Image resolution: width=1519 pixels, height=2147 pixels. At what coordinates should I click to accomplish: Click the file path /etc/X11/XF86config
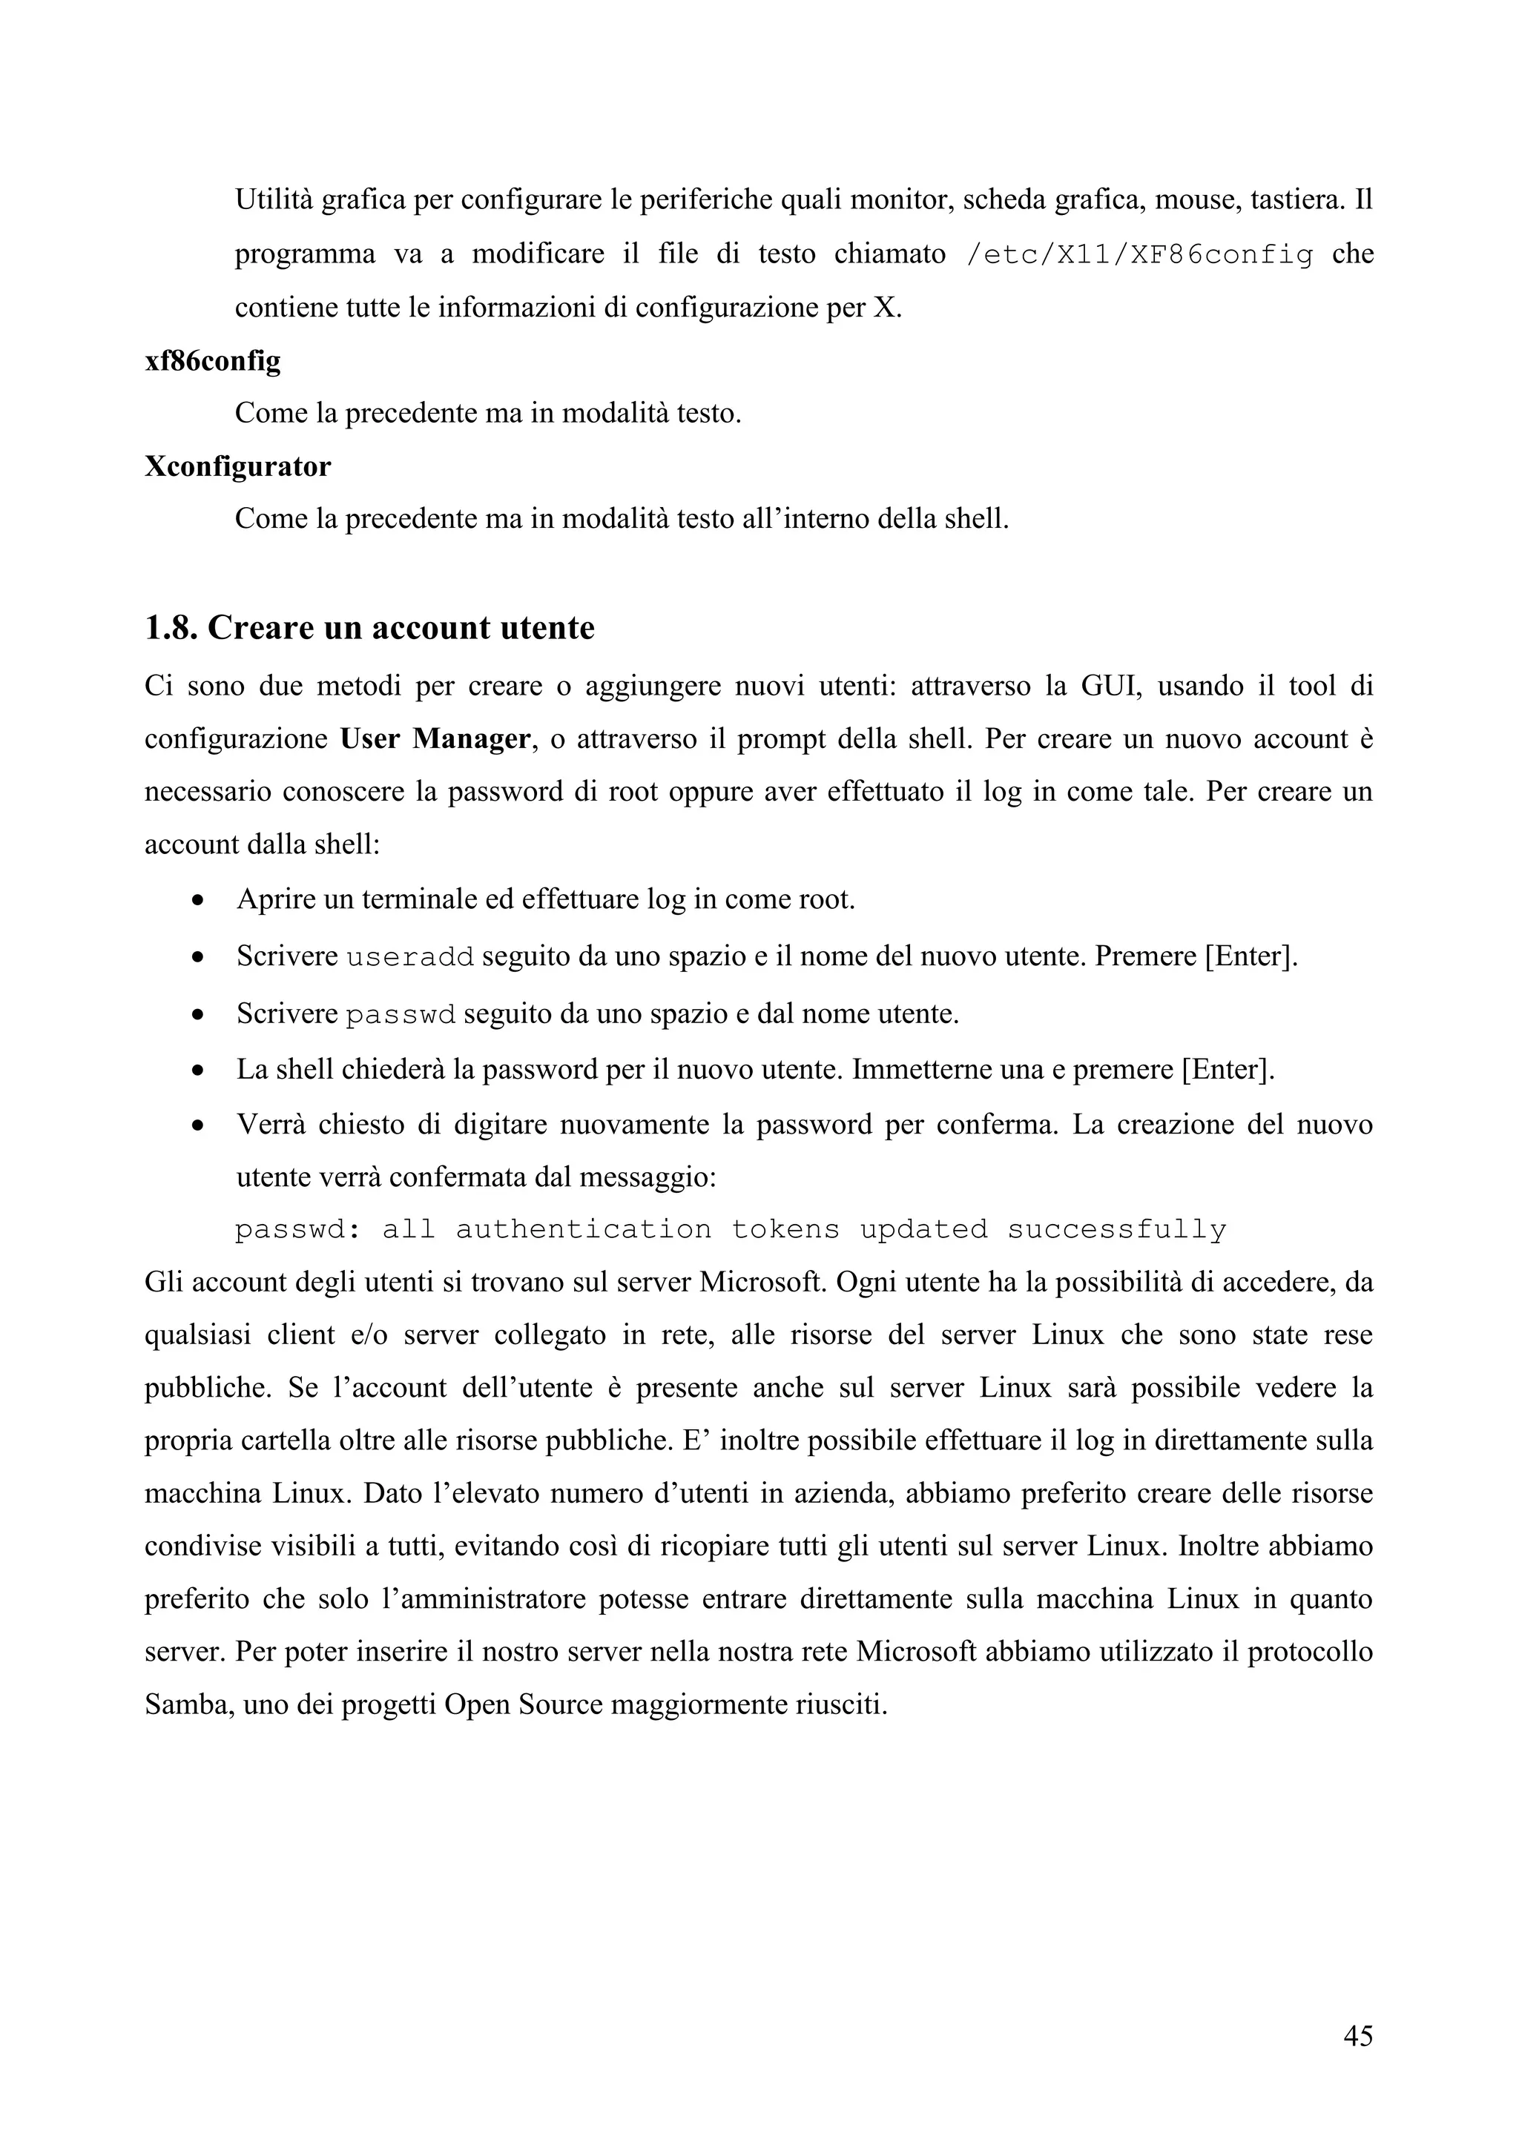tap(1137, 255)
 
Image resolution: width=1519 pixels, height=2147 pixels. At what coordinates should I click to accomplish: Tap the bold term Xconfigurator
tap(237, 466)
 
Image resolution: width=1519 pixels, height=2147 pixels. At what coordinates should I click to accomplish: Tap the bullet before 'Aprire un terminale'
tap(197, 901)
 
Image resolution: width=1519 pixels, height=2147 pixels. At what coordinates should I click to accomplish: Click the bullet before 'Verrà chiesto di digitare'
tap(197, 1125)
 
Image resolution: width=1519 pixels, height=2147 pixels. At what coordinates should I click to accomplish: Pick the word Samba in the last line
tap(187, 1704)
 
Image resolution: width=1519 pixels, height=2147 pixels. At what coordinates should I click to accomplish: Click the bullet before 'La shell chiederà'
tap(197, 1071)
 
